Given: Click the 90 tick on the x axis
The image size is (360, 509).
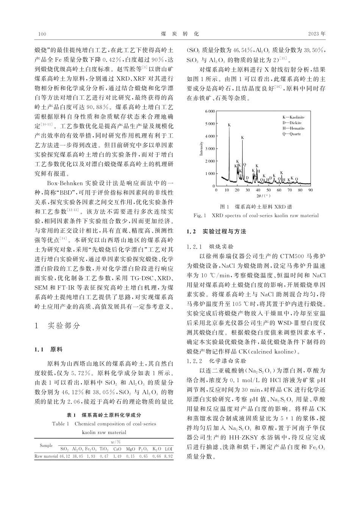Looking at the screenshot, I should point(310,190).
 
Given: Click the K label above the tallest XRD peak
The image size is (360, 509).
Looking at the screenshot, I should point(229,125).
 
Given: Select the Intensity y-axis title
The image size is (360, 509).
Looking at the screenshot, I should point(202,148).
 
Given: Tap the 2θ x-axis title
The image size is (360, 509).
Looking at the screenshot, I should point(263,196).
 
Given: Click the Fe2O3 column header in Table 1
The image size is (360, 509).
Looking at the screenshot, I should point(91,449).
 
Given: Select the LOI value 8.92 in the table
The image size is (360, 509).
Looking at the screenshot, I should point(168,457).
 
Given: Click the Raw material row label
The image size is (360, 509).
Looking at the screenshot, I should point(46,457).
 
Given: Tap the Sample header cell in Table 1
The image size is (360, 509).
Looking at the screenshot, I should point(46,445).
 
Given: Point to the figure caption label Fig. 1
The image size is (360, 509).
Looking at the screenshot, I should point(199,215).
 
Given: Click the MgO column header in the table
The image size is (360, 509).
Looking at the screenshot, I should point(130,449).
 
